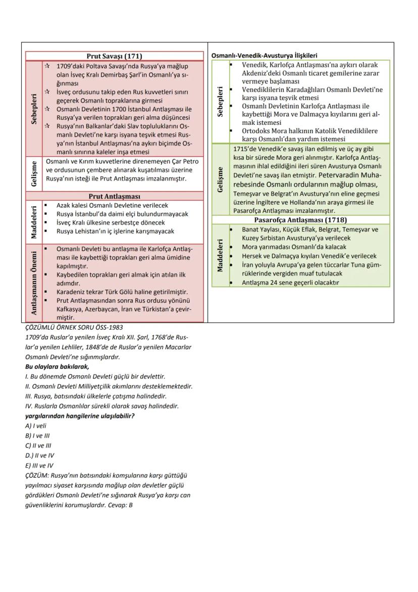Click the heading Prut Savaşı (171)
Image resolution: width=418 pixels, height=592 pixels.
(115, 56)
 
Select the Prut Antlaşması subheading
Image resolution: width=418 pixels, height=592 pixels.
(115, 196)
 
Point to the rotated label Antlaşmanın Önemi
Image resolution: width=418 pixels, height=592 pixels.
(34, 283)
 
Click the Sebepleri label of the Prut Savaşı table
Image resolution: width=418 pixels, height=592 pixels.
(34, 108)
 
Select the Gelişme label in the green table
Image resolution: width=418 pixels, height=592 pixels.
(220, 179)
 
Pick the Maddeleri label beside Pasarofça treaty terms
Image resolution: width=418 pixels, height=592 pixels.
(220, 256)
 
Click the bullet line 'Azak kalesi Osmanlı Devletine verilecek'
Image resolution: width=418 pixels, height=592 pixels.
(112, 206)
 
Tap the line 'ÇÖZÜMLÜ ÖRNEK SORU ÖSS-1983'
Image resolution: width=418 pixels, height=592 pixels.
(74, 328)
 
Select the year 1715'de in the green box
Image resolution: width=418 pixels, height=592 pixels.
(245, 149)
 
